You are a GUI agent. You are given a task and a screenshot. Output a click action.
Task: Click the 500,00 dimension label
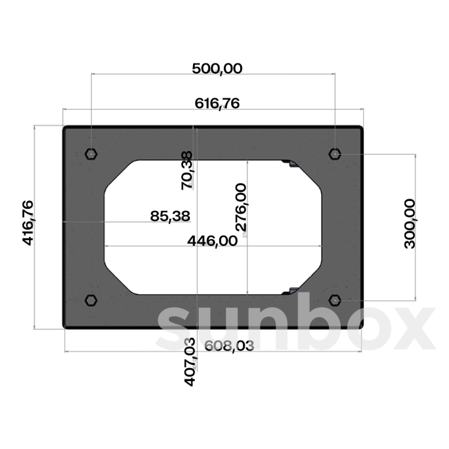click(x=217, y=69)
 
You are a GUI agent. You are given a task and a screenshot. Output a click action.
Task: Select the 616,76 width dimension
click(x=217, y=103)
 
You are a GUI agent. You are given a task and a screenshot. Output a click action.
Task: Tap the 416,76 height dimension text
click(x=29, y=223)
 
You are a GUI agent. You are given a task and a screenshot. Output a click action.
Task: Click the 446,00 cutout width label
click(x=212, y=241)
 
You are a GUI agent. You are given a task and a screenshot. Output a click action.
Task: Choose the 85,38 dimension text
click(x=170, y=216)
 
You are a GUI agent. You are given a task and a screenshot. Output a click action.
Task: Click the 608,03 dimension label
click(x=229, y=346)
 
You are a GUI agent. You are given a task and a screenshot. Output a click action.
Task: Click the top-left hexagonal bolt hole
click(x=91, y=154)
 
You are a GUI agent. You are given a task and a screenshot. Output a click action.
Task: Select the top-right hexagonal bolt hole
click(x=335, y=154)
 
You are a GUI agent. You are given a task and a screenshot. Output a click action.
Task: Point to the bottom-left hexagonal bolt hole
click(x=91, y=300)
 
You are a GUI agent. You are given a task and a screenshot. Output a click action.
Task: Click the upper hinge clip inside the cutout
click(x=290, y=163)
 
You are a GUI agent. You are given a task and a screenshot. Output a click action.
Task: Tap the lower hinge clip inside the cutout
click(x=290, y=291)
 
